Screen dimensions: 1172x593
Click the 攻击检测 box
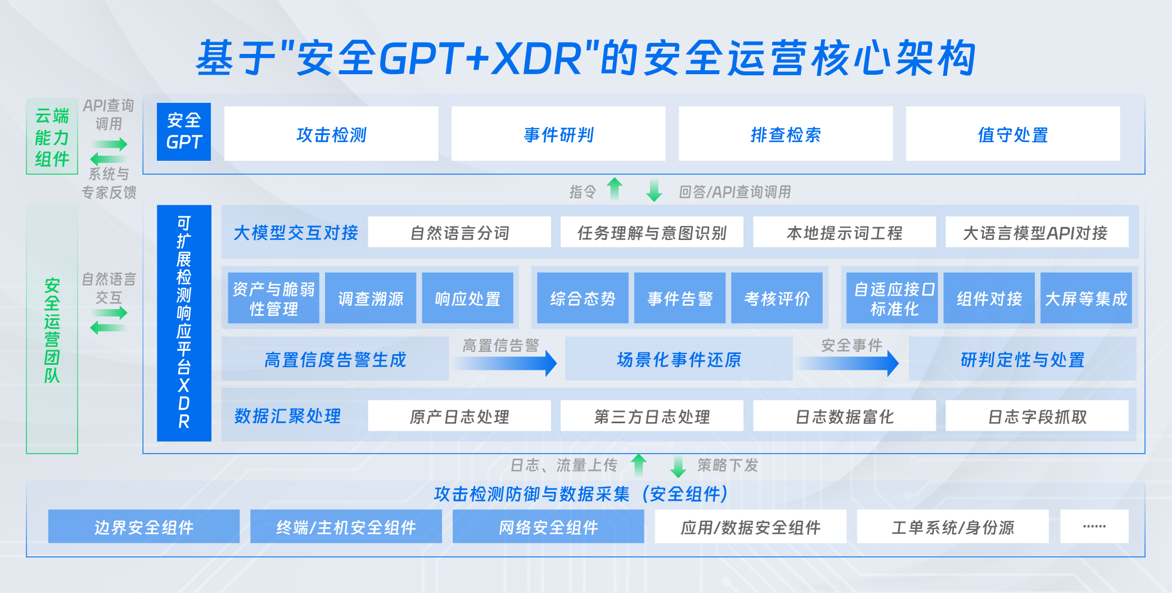click(x=331, y=134)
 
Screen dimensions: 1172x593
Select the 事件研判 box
click(x=558, y=134)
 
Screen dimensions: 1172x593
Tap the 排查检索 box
click(x=786, y=134)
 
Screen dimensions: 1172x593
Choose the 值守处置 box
click(x=1013, y=134)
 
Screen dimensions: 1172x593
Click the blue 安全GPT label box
click(x=184, y=132)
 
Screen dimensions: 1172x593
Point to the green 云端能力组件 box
click(x=52, y=137)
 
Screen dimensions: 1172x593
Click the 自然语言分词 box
click(x=459, y=232)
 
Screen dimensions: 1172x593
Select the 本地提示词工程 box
click(x=845, y=232)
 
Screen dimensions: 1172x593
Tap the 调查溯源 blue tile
click(x=371, y=298)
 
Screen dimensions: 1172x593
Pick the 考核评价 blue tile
click(x=777, y=298)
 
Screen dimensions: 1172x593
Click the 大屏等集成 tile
click(x=1086, y=298)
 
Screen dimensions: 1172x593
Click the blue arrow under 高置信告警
click(x=506, y=363)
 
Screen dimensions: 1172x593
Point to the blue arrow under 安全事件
click(x=848, y=363)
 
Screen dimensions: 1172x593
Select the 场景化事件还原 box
click(x=679, y=359)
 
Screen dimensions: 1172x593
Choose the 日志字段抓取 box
click(x=1037, y=416)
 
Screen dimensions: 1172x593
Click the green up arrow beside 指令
click(x=615, y=189)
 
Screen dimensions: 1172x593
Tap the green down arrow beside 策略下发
click(x=678, y=466)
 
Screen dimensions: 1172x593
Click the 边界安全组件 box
click(x=144, y=527)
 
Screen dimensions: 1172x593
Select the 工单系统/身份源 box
click(x=953, y=527)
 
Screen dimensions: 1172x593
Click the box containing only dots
click(x=1094, y=527)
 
